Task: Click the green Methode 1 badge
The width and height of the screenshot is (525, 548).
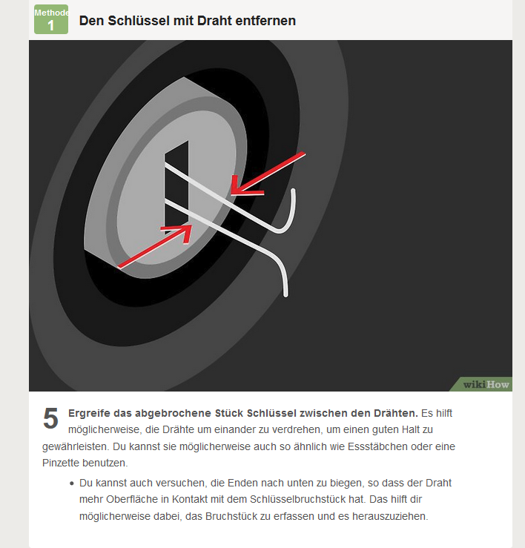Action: [x=51, y=19]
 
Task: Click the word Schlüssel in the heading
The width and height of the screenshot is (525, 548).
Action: [x=139, y=21]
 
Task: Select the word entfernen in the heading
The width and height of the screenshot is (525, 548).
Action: [x=265, y=21]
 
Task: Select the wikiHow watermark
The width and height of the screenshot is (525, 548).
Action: [x=486, y=384]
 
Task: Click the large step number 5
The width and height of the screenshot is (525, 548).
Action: [x=50, y=418]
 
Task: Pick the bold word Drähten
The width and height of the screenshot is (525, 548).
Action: [x=396, y=413]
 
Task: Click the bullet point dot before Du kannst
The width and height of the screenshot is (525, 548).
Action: [x=72, y=483]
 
